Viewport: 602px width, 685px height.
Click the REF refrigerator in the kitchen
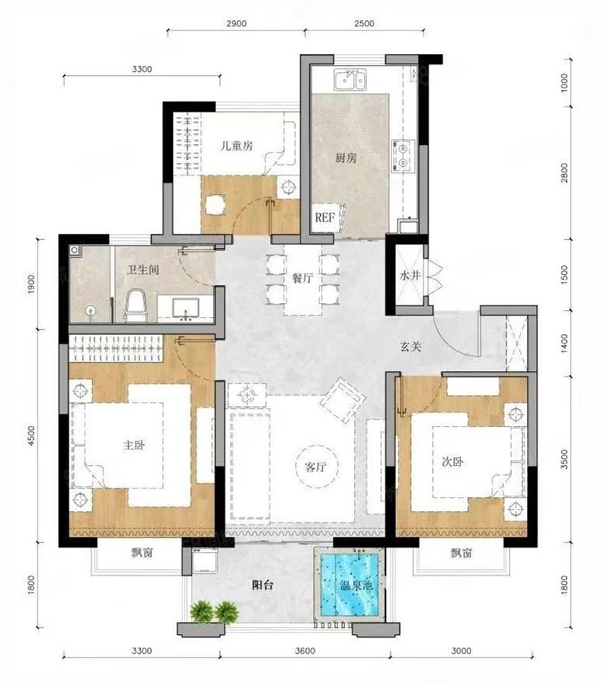(x=326, y=217)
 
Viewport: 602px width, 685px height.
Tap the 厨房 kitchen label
(x=346, y=157)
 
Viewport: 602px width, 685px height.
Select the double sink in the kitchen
(x=351, y=80)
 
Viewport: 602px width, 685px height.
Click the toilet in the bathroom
(x=135, y=305)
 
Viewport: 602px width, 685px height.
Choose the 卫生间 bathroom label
(x=142, y=269)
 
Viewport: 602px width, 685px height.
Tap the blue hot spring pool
(x=350, y=585)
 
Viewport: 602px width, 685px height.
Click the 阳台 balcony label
(x=262, y=585)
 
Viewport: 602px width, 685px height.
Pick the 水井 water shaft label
(x=409, y=276)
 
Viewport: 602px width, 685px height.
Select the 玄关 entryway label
(x=411, y=347)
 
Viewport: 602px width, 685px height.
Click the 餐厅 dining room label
(x=302, y=277)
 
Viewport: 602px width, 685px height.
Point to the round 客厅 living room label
(x=315, y=467)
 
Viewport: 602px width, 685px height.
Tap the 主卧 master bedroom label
(x=134, y=445)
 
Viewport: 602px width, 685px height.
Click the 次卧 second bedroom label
(x=452, y=461)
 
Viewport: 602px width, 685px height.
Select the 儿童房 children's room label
(x=236, y=146)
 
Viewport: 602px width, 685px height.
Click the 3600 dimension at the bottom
(x=305, y=651)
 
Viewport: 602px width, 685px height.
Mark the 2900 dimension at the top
(x=236, y=23)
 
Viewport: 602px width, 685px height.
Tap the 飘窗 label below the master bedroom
(x=142, y=553)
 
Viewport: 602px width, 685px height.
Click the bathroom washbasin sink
(x=186, y=308)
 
